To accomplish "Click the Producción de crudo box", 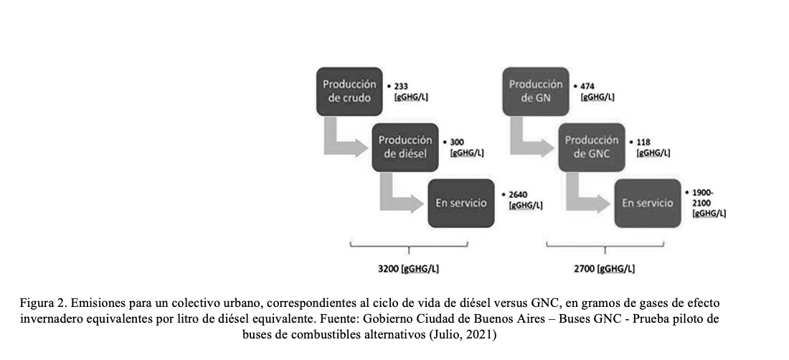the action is [349, 91].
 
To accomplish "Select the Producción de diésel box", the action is [405, 147].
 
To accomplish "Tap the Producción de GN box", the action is [536, 91].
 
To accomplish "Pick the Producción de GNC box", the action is [592, 147].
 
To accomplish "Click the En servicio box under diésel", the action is [461, 203].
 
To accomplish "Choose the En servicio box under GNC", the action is [648, 203].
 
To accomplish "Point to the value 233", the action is [401, 87].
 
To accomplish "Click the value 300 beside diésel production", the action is [457, 142].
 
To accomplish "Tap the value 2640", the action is [518, 194].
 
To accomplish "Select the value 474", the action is [587, 87].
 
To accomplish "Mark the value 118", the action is [643, 142].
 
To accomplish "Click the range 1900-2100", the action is [703, 198].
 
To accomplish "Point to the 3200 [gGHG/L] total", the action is [408, 269].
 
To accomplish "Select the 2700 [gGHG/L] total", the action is [605, 269].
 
